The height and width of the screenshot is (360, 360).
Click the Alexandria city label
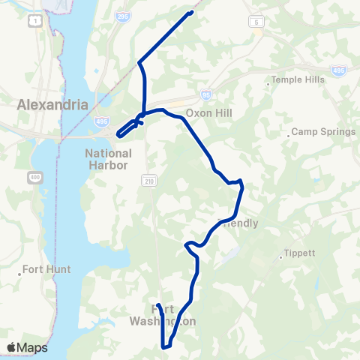click(52, 105)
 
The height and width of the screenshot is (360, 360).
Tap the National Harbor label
click(102, 158)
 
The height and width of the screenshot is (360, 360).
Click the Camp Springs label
click(323, 132)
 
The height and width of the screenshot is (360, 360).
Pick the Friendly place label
click(238, 223)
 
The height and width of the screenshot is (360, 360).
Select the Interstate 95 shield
click(206, 95)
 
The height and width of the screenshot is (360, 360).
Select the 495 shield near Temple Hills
click(337, 70)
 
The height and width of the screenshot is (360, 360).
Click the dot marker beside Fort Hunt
click(19, 274)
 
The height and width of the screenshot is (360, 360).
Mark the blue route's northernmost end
click(191, 13)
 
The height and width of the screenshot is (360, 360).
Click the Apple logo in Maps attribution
click(11, 347)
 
